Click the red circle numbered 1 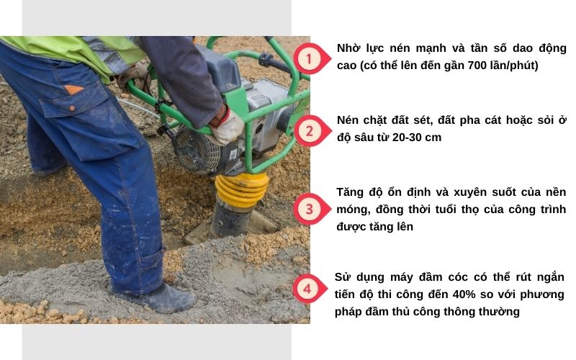307,58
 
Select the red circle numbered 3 307,210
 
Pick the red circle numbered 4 307,289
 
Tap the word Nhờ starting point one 349,48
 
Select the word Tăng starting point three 351,192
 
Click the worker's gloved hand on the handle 228,126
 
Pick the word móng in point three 352,210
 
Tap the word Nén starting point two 349,120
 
